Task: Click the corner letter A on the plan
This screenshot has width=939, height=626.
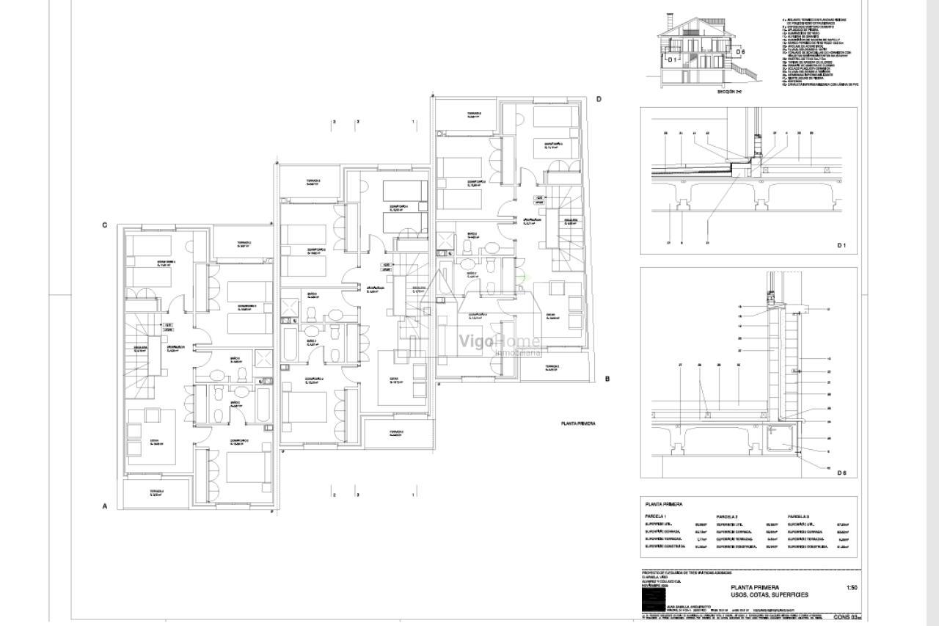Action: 105,506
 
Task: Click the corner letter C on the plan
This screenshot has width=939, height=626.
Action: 105,225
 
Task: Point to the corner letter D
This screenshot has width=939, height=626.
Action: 599,99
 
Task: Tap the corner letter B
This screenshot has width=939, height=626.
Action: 607,379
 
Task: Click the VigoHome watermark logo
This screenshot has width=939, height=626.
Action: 499,342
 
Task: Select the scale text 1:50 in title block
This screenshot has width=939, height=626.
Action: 852,587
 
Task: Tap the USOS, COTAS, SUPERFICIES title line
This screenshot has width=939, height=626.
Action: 769,595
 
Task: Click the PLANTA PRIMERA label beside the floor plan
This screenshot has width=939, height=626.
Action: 577,423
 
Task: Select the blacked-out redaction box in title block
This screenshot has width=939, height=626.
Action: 652,601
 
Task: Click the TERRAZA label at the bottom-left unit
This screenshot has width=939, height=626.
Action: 156,492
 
